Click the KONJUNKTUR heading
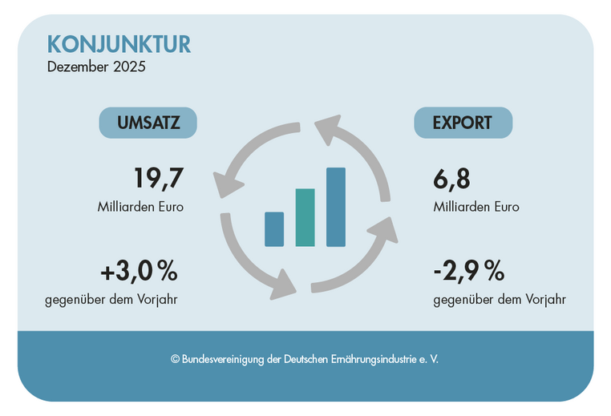click(x=119, y=43)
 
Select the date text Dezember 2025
click(x=96, y=67)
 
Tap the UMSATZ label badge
click(x=148, y=123)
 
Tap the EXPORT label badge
click(x=463, y=123)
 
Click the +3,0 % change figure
click(x=139, y=272)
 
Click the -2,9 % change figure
click(x=468, y=272)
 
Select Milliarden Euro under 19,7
click(x=140, y=207)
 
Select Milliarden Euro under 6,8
click(x=476, y=207)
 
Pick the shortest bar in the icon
click(x=274, y=229)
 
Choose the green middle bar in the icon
click(x=305, y=217)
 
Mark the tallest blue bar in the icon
click(x=336, y=207)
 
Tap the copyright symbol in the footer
click(x=175, y=360)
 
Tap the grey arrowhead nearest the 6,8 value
click(x=383, y=229)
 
